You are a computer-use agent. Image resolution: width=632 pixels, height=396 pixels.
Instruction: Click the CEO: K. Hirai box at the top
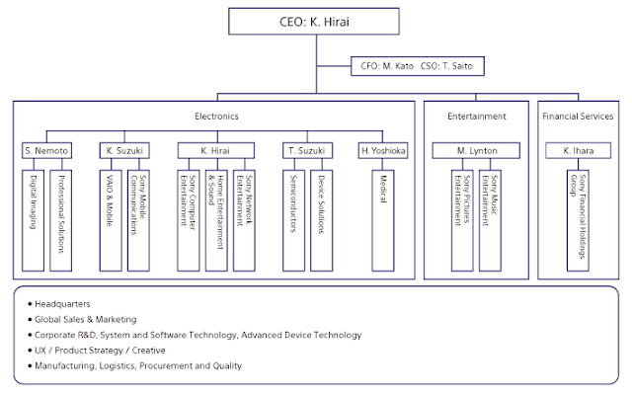(315, 21)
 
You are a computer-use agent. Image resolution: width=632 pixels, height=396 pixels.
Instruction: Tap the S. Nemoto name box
(45, 150)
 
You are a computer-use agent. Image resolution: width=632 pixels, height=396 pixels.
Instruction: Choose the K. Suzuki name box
(124, 150)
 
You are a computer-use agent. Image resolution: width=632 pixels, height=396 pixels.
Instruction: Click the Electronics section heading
(216, 117)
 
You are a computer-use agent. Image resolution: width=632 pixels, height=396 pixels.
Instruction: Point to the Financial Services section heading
(577, 117)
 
